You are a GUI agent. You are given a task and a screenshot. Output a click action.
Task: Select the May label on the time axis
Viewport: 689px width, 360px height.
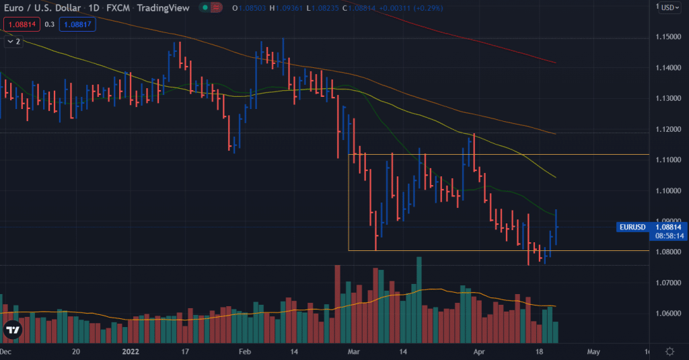coord(593,352)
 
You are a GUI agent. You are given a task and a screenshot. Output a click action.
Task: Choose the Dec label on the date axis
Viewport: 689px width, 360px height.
coord(5,352)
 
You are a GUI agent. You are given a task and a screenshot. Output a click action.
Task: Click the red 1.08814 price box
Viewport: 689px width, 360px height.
coord(20,24)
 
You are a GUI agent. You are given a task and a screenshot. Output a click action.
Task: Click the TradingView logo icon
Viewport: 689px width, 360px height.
coord(12,330)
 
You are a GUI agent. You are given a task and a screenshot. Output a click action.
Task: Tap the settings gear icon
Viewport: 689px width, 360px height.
coord(669,351)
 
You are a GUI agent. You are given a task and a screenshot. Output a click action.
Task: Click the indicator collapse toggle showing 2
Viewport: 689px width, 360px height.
coord(13,41)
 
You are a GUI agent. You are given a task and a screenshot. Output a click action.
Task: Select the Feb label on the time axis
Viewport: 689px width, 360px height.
coord(245,352)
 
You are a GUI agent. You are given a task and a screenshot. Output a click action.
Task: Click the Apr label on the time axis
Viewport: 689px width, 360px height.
coord(478,352)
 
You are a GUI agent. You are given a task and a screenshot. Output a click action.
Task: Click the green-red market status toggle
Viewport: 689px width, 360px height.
coord(211,8)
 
